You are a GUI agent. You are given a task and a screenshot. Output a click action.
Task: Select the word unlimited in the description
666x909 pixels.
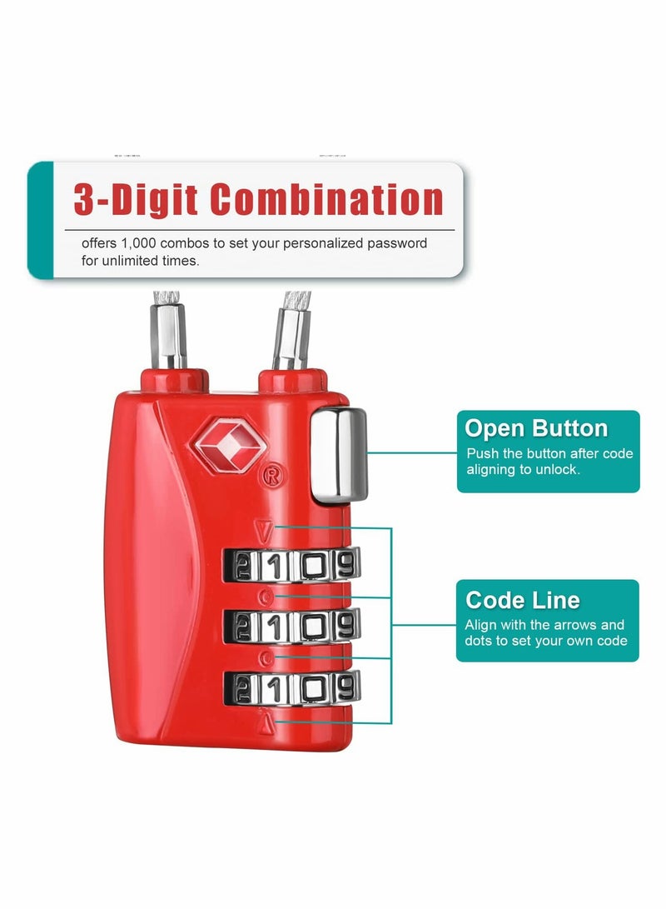tap(148, 260)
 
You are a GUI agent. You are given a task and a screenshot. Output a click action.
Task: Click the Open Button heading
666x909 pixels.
tap(536, 429)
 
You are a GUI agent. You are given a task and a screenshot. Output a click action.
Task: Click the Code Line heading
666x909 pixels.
tap(523, 600)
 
